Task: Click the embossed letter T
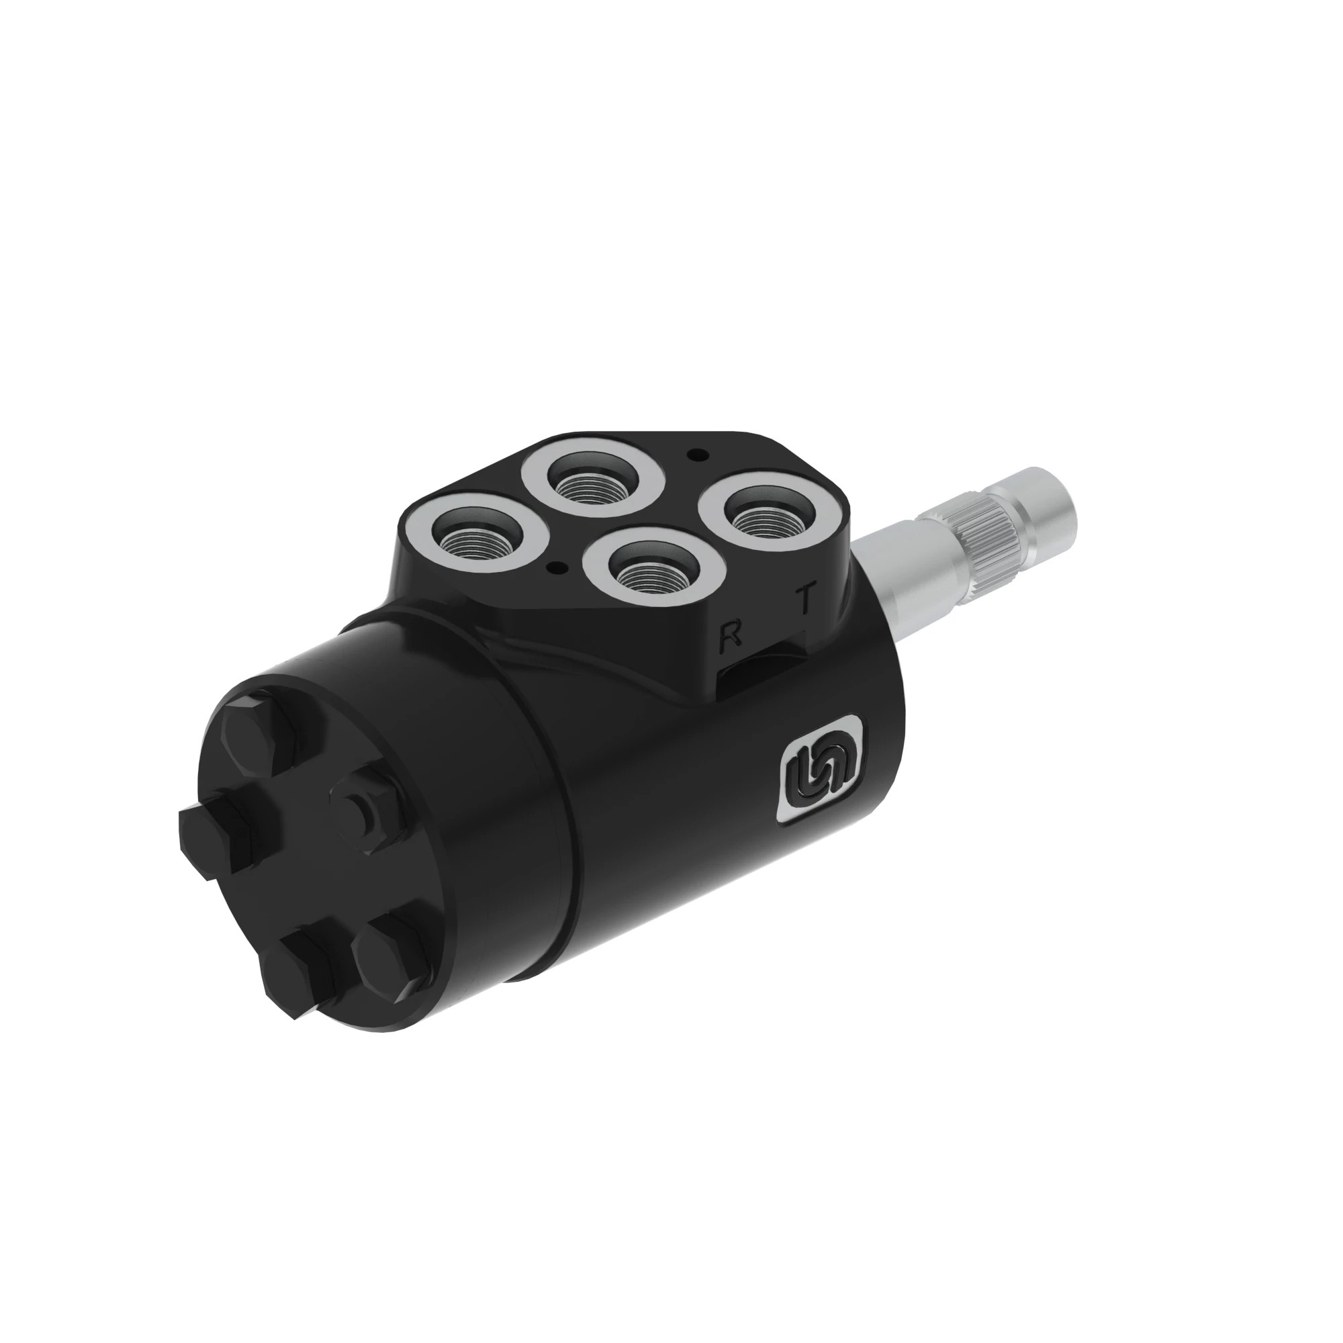click(806, 598)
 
